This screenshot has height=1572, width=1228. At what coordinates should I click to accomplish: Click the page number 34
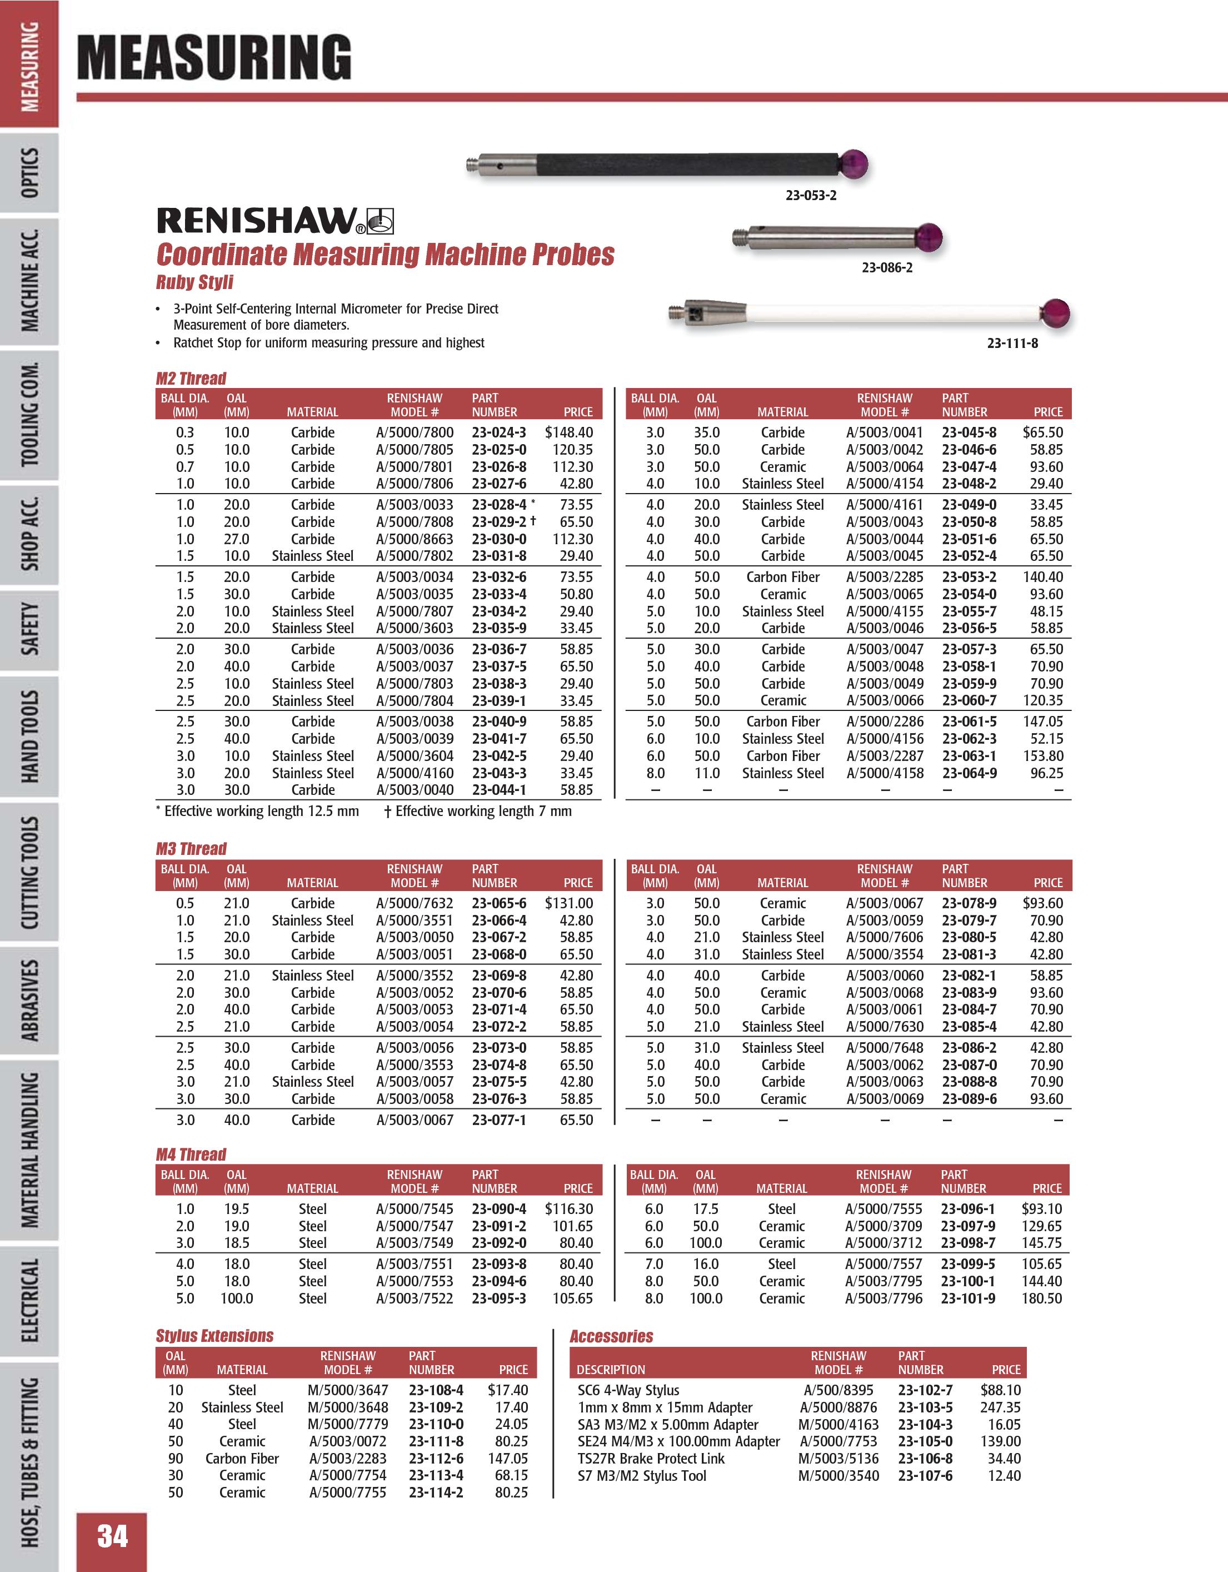point(112,1535)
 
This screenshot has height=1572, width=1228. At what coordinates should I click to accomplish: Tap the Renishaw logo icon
point(381,221)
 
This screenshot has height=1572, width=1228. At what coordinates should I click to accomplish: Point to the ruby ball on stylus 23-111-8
point(1055,313)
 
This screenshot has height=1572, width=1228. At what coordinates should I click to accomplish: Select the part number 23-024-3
point(498,432)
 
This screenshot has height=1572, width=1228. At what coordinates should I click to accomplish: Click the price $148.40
point(568,432)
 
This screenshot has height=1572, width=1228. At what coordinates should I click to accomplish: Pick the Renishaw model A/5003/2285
point(884,577)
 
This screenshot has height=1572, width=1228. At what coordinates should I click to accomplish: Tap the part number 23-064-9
point(969,773)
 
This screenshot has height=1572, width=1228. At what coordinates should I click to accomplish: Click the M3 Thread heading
point(191,849)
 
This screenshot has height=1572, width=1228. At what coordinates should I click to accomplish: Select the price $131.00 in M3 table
point(568,903)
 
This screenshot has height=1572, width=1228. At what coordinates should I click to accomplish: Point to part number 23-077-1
point(498,1120)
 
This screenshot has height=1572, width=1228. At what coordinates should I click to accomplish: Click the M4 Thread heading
point(191,1155)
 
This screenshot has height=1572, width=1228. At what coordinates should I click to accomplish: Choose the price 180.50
point(1041,1299)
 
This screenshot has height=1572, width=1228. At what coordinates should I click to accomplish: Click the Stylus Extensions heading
point(214,1336)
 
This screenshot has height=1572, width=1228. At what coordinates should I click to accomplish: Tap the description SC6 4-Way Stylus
point(628,1391)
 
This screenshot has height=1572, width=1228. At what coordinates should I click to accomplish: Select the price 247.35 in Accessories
point(1000,1407)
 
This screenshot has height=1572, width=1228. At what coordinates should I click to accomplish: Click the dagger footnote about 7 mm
point(478,811)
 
